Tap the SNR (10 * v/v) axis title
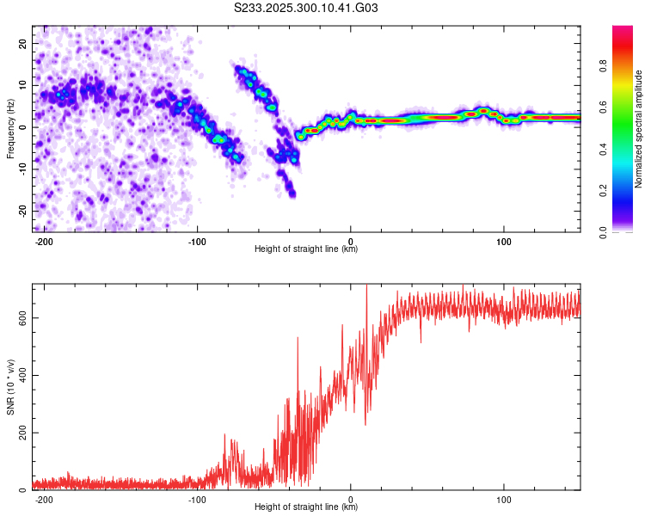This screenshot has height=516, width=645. [10, 386]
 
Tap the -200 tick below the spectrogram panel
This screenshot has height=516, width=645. [45, 240]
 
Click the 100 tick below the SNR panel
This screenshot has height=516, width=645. [504, 498]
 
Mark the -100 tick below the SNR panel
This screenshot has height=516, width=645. [197, 498]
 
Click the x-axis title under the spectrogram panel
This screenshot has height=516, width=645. [306, 249]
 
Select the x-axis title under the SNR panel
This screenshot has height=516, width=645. [306, 507]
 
